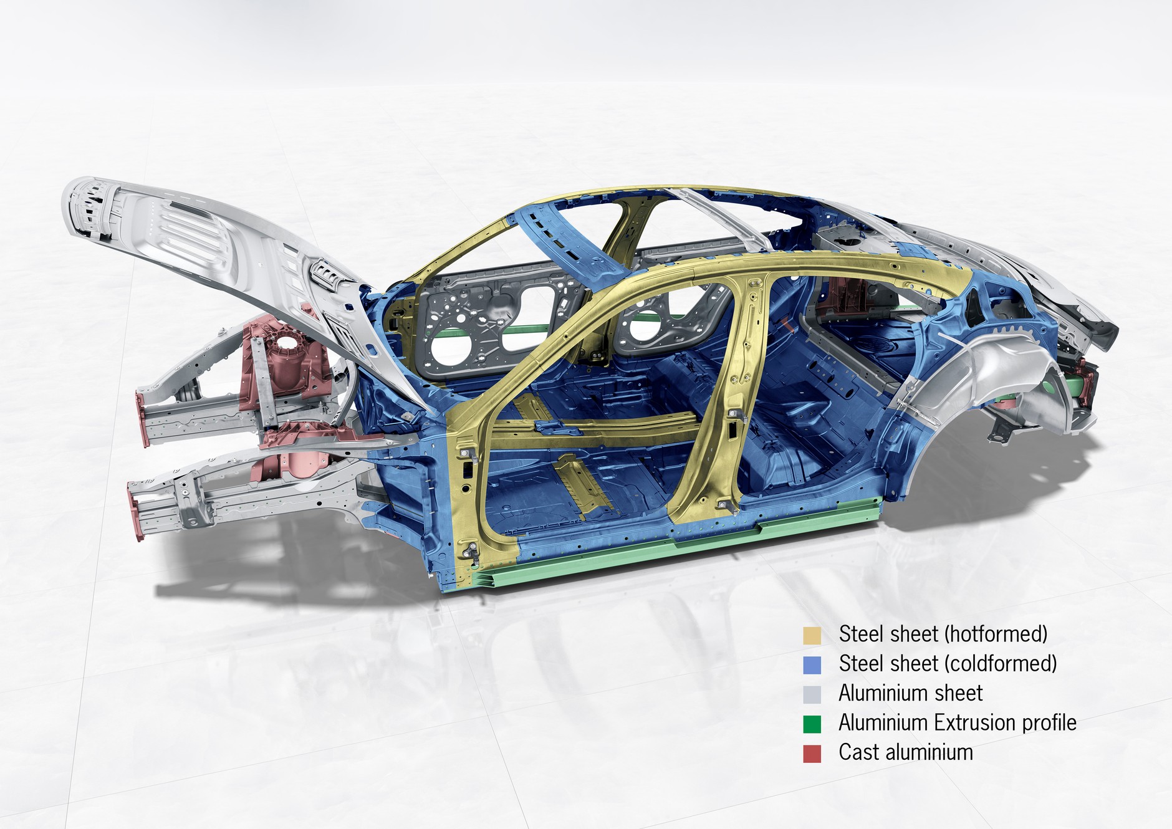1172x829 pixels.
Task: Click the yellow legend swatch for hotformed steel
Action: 812,635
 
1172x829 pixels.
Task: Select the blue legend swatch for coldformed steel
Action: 812,664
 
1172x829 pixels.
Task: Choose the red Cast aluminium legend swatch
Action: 812,754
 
